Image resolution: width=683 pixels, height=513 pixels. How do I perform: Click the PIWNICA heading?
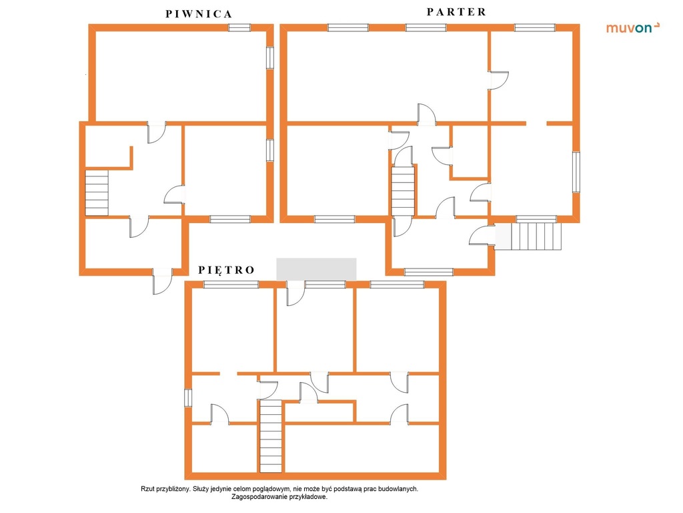coord(199,14)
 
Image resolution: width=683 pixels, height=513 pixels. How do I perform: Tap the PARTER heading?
coord(456,12)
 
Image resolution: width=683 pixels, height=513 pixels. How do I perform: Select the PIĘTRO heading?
coord(226,270)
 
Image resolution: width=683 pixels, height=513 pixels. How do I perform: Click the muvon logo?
coord(632,28)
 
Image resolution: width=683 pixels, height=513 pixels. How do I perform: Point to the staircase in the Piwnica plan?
coord(97,192)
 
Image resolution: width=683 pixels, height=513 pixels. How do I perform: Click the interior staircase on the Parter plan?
coord(403,191)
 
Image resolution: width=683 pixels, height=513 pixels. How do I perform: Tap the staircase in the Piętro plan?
coord(271,436)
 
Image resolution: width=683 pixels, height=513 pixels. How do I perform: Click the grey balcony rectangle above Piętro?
coord(316,269)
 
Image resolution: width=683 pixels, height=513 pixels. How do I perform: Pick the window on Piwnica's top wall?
coord(239,27)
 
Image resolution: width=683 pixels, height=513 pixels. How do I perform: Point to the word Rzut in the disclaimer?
coord(147,489)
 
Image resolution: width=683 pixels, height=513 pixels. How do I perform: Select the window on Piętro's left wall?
coord(187,398)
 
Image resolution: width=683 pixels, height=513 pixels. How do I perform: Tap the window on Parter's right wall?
coord(576,172)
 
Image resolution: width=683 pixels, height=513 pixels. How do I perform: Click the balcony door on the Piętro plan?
coord(295,293)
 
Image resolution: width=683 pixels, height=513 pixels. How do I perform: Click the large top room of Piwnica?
coord(181,76)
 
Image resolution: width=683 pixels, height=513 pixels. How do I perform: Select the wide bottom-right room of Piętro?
coord(361,448)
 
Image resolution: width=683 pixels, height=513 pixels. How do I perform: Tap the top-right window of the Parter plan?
coord(535,27)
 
